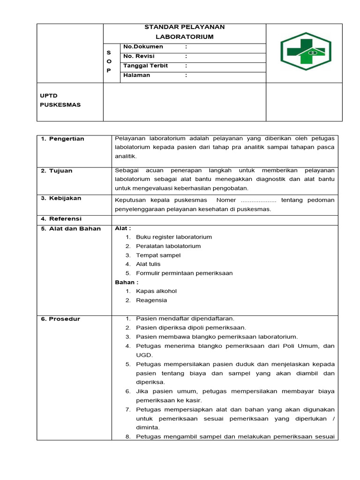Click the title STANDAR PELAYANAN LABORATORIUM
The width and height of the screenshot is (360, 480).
coord(185,32)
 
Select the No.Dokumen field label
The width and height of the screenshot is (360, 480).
coord(143,47)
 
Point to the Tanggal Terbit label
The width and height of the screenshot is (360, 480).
coord(145,66)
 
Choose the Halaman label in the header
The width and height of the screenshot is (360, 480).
coord(136,75)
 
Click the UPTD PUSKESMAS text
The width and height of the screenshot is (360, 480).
coord(60,100)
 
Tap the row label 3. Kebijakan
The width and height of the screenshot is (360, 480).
coord(61,198)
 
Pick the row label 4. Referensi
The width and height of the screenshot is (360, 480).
coord(61,219)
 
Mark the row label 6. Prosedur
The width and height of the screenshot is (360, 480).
coord(60,319)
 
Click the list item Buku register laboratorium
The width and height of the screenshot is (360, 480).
coord(174,237)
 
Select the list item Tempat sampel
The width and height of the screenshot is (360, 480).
coord(158,255)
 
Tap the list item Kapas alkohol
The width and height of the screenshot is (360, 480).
coord(156,291)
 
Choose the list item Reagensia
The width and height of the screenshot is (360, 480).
coord(151,300)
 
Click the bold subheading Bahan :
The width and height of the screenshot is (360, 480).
coord(127,282)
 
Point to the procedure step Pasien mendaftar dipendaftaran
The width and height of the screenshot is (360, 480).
coord(185,319)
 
